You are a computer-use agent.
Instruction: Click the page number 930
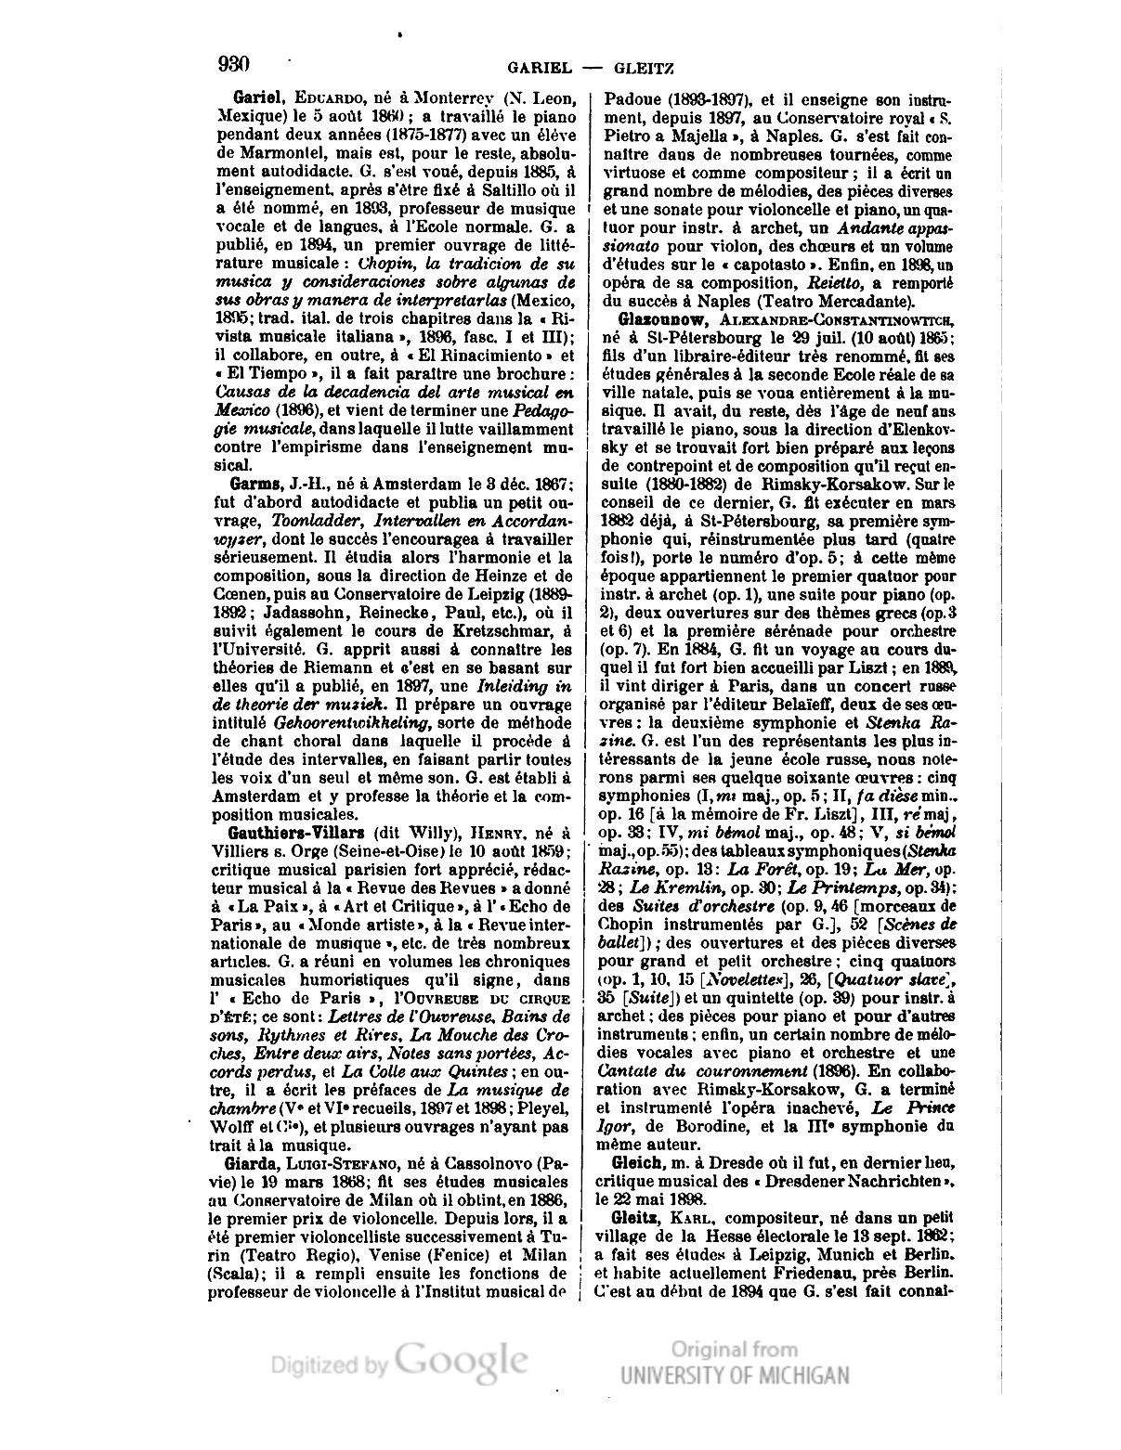point(233,64)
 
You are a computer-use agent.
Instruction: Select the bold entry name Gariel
point(259,97)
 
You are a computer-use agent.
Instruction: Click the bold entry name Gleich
point(636,1163)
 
